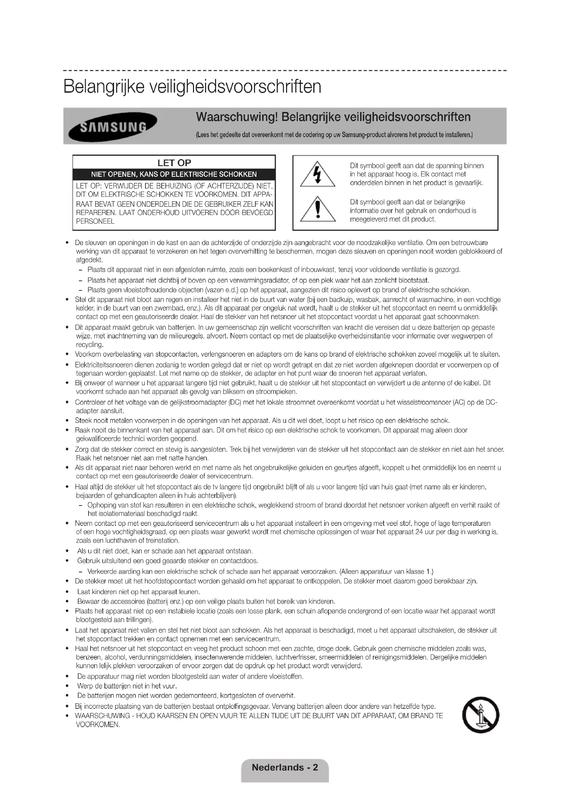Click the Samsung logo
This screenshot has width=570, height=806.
(x=113, y=126)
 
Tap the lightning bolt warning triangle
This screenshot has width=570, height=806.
(x=317, y=175)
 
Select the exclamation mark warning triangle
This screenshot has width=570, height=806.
(x=318, y=210)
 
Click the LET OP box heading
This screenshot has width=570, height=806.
(x=174, y=163)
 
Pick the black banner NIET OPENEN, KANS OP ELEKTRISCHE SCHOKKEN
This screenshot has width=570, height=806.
(x=174, y=174)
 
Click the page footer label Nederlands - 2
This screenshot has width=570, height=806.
(x=285, y=767)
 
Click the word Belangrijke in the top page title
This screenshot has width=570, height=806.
(x=104, y=87)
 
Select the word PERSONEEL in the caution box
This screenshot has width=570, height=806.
(x=95, y=222)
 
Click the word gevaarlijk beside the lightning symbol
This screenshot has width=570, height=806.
(x=467, y=183)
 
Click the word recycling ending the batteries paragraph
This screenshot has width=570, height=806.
(x=89, y=345)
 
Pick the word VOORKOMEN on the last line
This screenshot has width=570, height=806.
(x=98, y=725)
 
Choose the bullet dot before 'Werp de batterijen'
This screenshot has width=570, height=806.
(x=67, y=686)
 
